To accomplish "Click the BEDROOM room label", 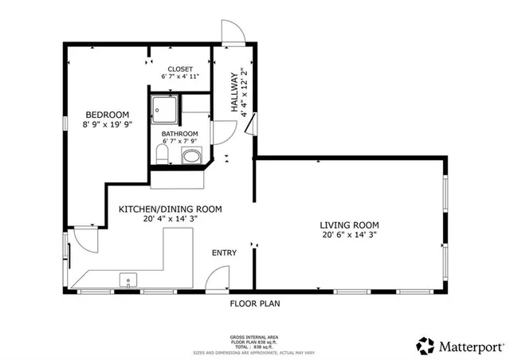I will pyautogui.click(x=108, y=113).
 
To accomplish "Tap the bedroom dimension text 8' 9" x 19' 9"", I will pyautogui.click(x=108, y=123).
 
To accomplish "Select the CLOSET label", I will pyautogui.click(x=180, y=68).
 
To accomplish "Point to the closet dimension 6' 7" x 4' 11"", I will pyautogui.click(x=180, y=77).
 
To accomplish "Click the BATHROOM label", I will pyautogui.click(x=180, y=134).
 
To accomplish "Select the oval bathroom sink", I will pyautogui.click(x=191, y=158).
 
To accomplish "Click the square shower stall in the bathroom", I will pyautogui.click(x=164, y=108).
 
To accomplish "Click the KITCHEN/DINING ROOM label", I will pyautogui.click(x=170, y=209).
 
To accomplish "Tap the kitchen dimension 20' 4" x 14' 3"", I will pyautogui.click(x=170, y=220).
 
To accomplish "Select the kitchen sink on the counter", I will pyautogui.click(x=127, y=280).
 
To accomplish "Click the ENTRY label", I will pyautogui.click(x=224, y=253).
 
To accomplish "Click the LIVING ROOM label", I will pyautogui.click(x=349, y=225).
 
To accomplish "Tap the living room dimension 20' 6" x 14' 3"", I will pyautogui.click(x=349, y=235).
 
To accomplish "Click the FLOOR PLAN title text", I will pyautogui.click(x=255, y=303).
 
